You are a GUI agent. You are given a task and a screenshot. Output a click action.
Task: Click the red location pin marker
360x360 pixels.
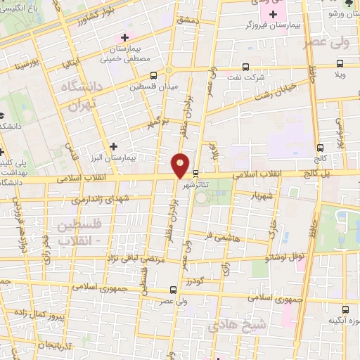point(181,165)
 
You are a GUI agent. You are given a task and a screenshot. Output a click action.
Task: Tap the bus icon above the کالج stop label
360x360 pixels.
point(321,148)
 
